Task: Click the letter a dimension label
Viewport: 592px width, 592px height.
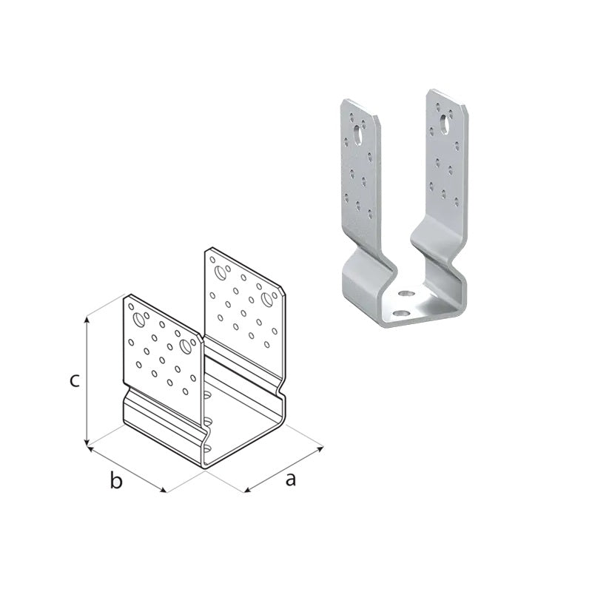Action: (290, 479)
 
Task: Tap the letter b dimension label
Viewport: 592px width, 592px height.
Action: (116, 480)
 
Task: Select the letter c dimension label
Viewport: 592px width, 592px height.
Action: (75, 380)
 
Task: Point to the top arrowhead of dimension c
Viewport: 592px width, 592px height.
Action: (87, 320)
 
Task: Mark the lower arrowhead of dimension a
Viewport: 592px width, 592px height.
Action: (248, 490)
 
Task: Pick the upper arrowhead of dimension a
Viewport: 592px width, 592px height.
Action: (320, 448)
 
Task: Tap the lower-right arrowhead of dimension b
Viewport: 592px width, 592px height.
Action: (162, 490)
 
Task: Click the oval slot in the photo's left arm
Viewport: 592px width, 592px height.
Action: (357, 135)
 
